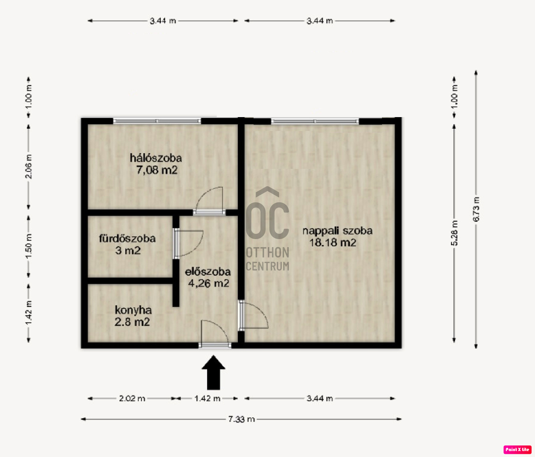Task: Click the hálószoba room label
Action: click(x=156, y=158)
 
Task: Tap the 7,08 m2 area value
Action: click(x=157, y=170)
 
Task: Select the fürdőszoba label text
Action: click(x=127, y=238)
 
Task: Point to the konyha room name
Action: click(x=133, y=310)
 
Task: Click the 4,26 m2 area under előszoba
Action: click(x=209, y=284)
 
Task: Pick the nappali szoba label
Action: click(x=337, y=231)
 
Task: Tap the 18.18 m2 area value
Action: click(x=333, y=243)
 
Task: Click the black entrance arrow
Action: click(x=214, y=373)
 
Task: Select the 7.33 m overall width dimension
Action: click(x=241, y=419)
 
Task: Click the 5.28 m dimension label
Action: click(x=454, y=233)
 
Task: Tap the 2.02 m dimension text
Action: click(x=132, y=398)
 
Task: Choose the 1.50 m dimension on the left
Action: click(x=29, y=246)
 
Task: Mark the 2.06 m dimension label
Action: click(x=29, y=166)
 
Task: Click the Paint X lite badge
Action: click(x=517, y=449)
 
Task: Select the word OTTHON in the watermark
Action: click(x=267, y=252)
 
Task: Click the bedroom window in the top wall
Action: click(x=157, y=121)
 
